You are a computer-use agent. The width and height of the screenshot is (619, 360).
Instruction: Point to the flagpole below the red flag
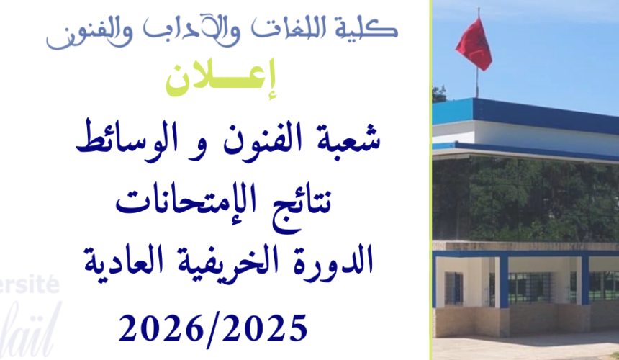coord(476,83)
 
